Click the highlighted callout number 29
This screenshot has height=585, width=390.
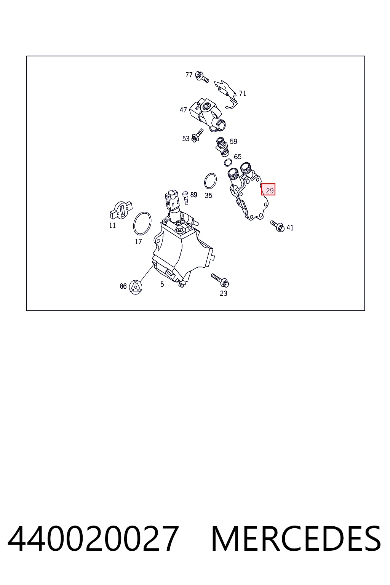(269, 189)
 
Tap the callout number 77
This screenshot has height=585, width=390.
(189, 75)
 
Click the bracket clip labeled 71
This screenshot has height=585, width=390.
(226, 94)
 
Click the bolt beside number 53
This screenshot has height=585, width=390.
(197, 135)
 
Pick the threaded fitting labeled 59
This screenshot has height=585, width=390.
(222, 147)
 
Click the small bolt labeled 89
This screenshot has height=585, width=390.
(185, 198)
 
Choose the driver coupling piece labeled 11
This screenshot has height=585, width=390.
(121, 210)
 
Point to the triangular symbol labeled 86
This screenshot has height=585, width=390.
(135, 287)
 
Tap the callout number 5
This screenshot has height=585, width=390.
(162, 285)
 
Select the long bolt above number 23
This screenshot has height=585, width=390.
(220, 280)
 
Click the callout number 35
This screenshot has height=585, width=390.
(208, 195)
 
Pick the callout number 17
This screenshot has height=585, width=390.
(138, 241)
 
